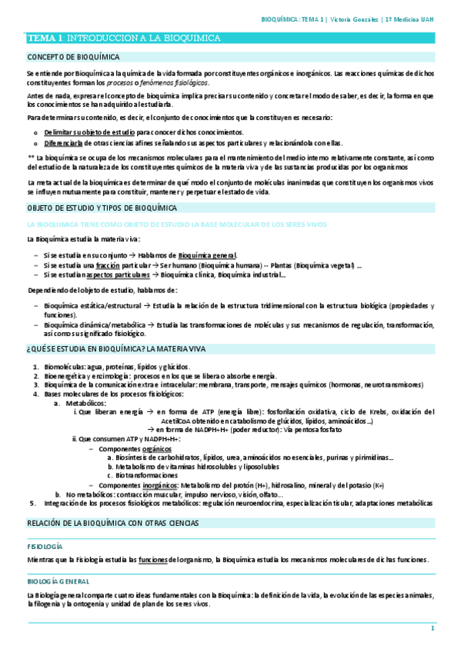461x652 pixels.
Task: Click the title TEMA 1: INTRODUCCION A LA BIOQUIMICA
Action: pyautogui.click(x=123, y=37)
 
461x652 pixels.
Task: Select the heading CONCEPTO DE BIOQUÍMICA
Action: pyautogui.click(x=73, y=57)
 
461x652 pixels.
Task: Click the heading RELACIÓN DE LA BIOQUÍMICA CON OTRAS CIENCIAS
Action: pyautogui.click(x=112, y=523)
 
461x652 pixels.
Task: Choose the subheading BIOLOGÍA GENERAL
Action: pyautogui.click(x=58, y=581)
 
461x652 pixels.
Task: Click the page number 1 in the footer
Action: pyautogui.click(x=433, y=630)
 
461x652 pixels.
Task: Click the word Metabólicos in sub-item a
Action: pyautogui.click(x=85, y=402)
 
